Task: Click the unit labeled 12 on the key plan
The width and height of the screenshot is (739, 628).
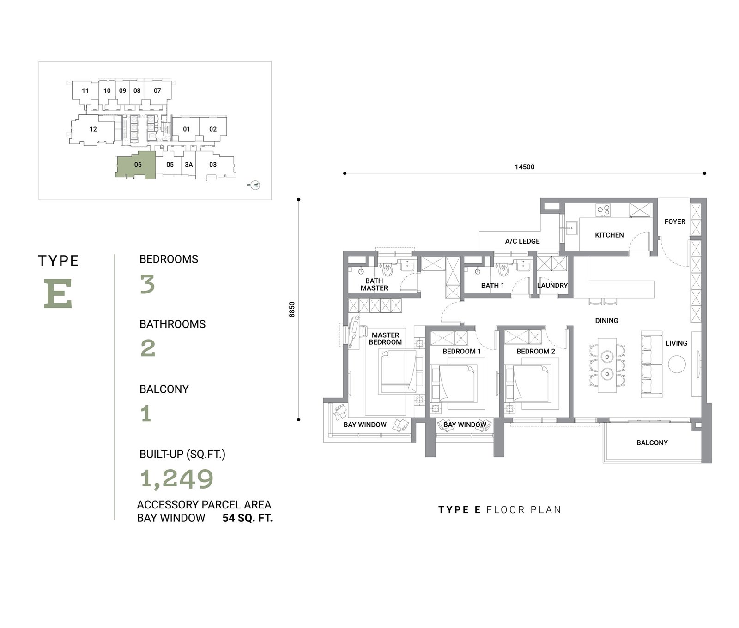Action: (x=93, y=129)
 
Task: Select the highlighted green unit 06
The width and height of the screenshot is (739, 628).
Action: (x=136, y=165)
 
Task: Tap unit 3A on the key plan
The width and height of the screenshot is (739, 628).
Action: (x=188, y=164)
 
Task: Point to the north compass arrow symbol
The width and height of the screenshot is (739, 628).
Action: (x=255, y=185)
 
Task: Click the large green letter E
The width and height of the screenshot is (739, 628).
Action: (x=58, y=293)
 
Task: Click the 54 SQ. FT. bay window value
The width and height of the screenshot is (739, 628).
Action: (x=248, y=518)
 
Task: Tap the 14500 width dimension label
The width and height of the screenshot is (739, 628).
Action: (x=525, y=167)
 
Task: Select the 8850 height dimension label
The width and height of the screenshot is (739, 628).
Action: (x=291, y=309)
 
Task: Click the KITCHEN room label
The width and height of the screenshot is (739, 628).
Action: (x=609, y=235)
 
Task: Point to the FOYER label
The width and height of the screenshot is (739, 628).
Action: (x=675, y=221)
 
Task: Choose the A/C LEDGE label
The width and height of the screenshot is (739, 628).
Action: (x=522, y=241)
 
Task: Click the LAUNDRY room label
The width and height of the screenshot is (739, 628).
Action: (x=552, y=286)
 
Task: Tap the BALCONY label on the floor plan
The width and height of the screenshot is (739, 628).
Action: (x=652, y=443)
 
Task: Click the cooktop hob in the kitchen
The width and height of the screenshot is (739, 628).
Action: (x=603, y=210)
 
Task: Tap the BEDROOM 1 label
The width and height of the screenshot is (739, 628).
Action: (x=462, y=352)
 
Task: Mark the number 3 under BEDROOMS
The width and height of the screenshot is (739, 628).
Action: (x=147, y=285)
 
